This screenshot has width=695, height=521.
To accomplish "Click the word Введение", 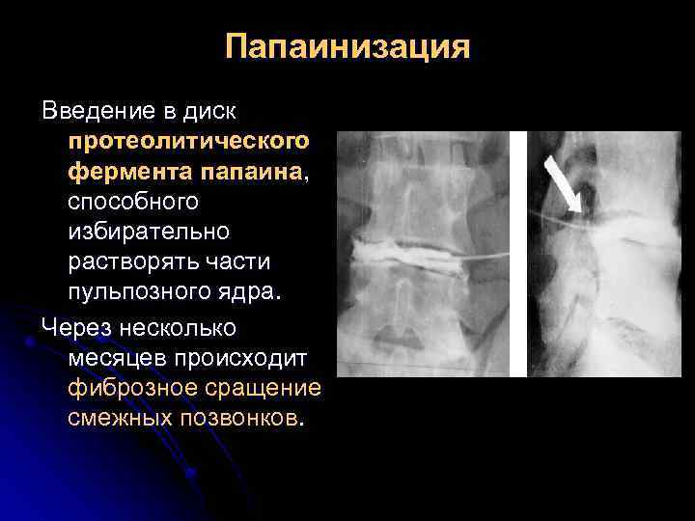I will pos(99,112).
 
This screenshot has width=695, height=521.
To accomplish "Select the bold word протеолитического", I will pos(189,142).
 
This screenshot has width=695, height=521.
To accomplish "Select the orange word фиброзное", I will pos(128,388).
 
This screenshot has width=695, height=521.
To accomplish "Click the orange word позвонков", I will pos(240,418).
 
